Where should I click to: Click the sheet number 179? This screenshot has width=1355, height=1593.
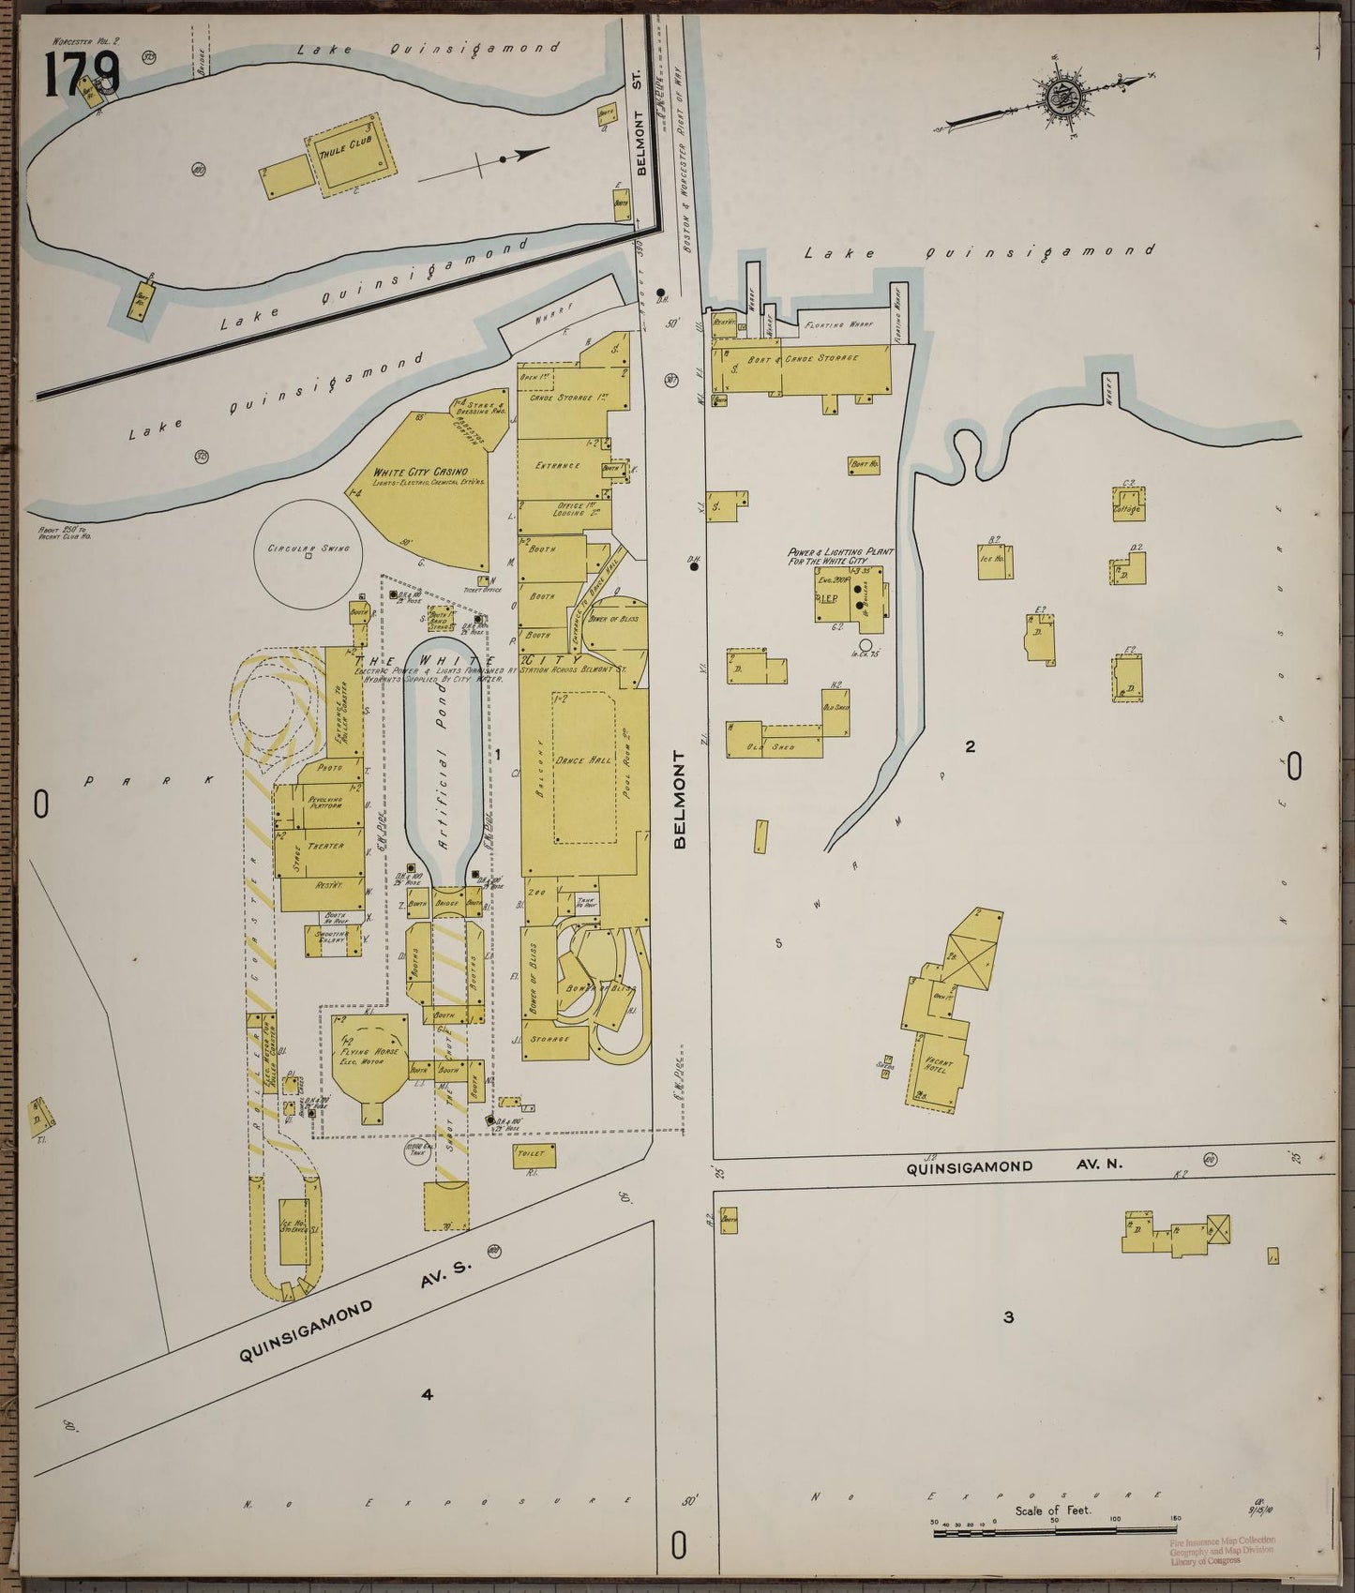click(81, 75)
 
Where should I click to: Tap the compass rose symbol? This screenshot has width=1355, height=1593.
click(1070, 100)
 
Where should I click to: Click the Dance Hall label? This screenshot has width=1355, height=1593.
click(582, 760)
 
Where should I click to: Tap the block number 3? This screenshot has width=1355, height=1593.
click(1008, 1317)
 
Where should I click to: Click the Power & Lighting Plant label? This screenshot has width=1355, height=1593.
click(839, 558)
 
